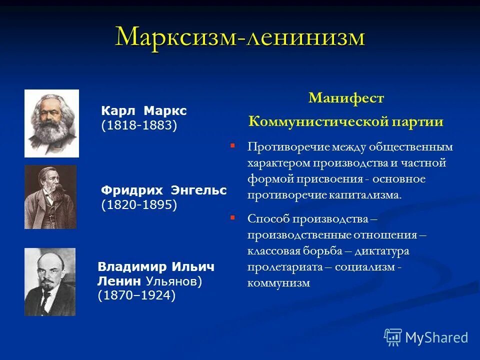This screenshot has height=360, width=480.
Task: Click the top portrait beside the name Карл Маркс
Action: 51,123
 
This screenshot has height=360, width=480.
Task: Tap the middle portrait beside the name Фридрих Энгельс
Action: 50,197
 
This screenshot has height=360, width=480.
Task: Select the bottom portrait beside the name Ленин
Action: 50,281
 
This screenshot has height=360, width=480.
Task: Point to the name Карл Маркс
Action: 143,110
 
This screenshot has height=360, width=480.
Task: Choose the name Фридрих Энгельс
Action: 163,190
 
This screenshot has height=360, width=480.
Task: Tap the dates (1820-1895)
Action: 139,205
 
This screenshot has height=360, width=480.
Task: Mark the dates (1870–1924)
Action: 136,296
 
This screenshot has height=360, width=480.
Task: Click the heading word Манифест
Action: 346,98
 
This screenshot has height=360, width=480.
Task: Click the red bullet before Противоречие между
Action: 232,145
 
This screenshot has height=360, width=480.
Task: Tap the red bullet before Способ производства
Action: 232,217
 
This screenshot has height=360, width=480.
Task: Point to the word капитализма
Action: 365,195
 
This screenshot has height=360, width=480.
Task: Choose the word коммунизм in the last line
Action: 278,283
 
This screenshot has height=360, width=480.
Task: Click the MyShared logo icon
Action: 393,337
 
